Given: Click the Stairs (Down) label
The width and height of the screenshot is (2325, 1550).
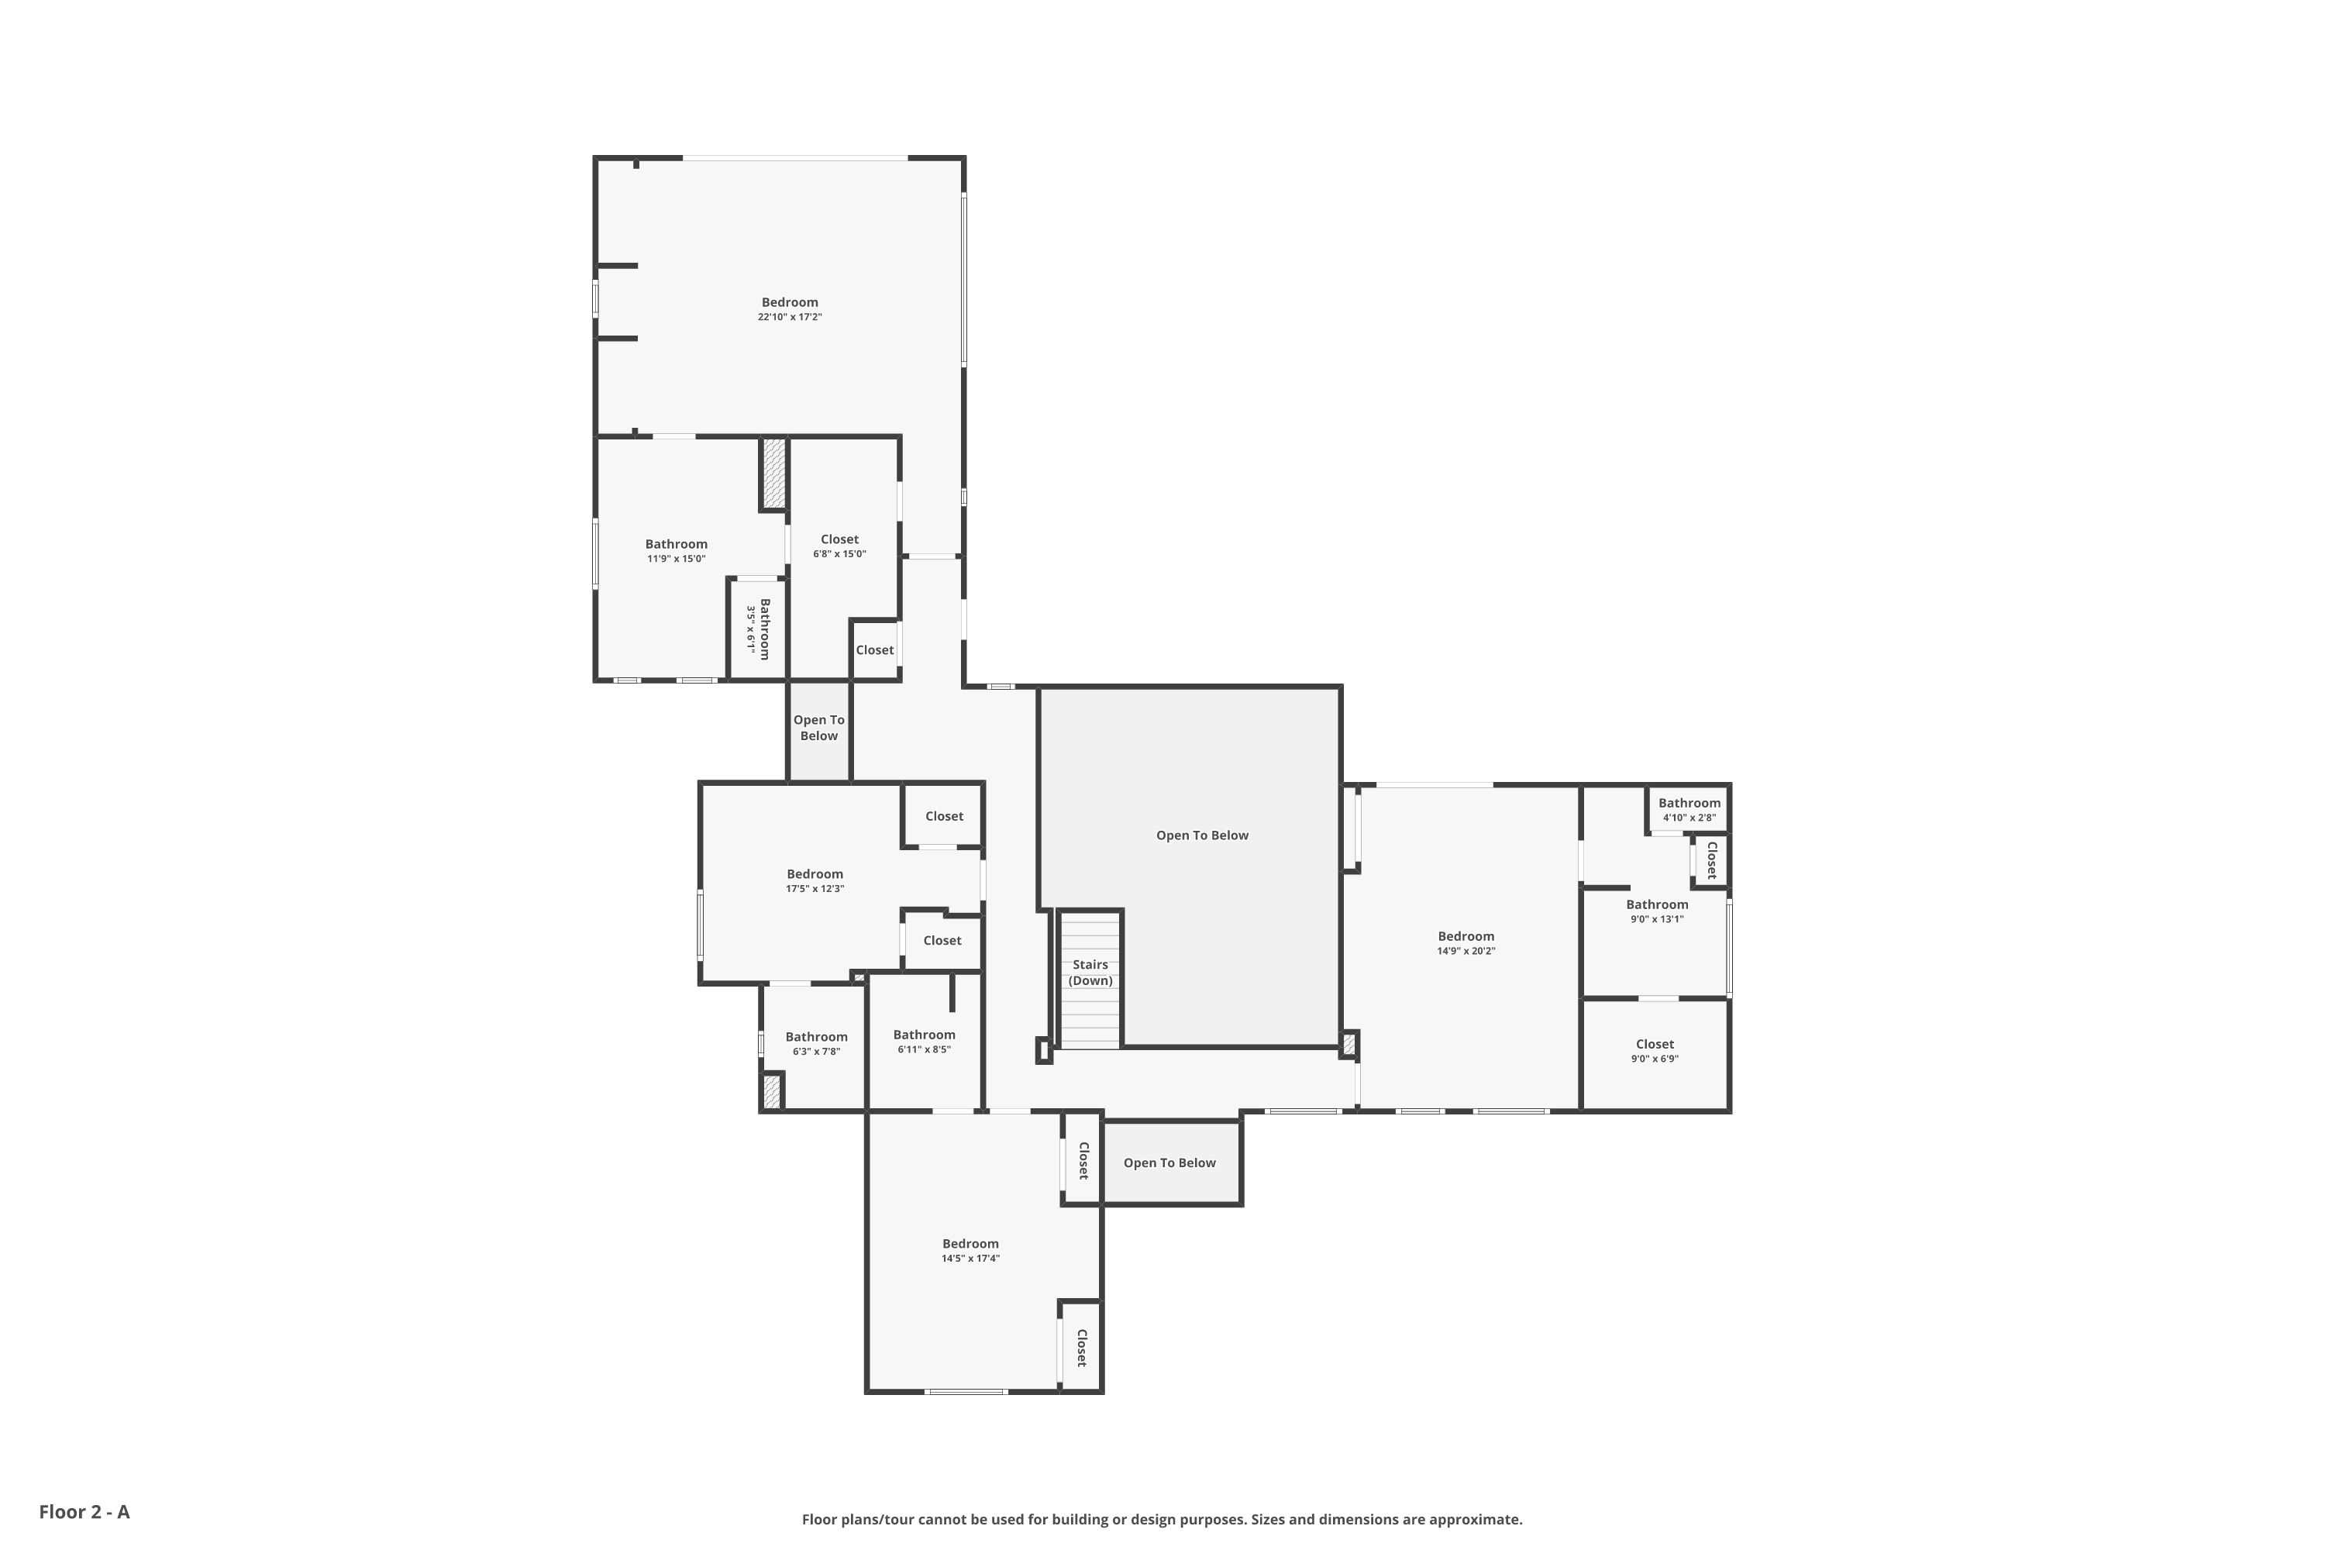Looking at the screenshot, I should (1090, 973).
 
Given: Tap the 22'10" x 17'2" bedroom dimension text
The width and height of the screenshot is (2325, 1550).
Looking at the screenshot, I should (789, 317).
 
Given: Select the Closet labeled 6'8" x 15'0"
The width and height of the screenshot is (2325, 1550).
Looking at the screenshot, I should (839, 546).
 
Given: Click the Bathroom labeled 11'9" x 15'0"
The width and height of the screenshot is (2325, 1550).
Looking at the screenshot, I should (676, 550).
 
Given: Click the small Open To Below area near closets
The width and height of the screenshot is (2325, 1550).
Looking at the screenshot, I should (818, 728).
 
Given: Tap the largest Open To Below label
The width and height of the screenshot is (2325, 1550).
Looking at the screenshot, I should (1202, 835).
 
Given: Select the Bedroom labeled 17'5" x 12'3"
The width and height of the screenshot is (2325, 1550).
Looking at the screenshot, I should (815, 880).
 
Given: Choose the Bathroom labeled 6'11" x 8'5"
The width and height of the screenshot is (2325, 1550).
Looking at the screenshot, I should (925, 1041).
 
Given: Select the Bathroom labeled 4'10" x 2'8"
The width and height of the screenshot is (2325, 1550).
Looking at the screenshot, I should (1689, 810).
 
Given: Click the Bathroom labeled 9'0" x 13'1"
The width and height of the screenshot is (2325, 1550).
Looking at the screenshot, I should (1657, 911).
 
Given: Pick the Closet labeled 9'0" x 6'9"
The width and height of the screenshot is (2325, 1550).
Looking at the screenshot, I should (1654, 1050).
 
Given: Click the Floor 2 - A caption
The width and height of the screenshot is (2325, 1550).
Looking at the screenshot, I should (84, 1511).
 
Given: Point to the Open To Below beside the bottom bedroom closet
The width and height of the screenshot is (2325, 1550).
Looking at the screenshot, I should (1169, 1162).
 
